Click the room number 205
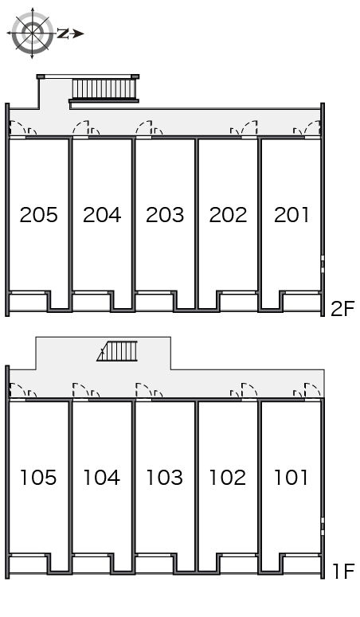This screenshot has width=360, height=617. point(38,215)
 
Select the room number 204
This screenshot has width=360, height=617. point(102,215)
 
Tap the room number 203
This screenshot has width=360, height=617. point(165,215)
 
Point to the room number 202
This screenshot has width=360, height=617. point(228,215)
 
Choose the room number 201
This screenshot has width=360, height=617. point(292,215)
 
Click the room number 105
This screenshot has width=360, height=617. point(38,478)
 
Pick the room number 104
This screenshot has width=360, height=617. point(102,478)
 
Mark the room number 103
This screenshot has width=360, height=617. point(165,478)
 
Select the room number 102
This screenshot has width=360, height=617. point(228,478)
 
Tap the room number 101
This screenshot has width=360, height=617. point(291,478)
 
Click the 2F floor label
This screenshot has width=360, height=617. point(342,309)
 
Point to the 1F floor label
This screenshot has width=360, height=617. point(344,572)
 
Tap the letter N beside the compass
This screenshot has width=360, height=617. point(63,34)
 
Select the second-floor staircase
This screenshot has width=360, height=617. point(105,89)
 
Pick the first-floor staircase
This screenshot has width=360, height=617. point(118,351)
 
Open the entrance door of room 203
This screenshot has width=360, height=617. point(144,128)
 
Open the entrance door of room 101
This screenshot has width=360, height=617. point(312,391)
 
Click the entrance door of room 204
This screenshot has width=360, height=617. point(80,128)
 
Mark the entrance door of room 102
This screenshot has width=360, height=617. point(249,391)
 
